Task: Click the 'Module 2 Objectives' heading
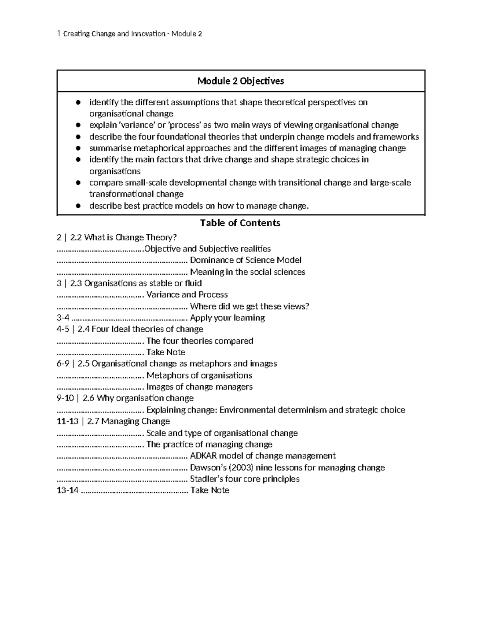click(240, 81)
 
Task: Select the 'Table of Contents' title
click(240, 223)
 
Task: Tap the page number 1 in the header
click(59, 34)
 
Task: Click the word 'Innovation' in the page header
click(147, 34)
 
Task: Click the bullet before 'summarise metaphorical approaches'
click(79, 149)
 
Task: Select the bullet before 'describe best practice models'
click(79, 206)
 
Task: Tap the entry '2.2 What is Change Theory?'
click(123, 238)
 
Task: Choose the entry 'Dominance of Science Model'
click(245, 260)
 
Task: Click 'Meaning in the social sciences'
click(247, 272)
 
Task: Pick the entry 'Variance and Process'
click(187, 295)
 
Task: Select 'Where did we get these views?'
click(249, 306)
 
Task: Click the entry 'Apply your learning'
click(227, 318)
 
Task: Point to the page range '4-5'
click(63, 329)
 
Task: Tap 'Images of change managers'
click(199, 387)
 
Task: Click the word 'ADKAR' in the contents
click(203, 456)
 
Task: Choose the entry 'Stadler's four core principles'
click(245, 479)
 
